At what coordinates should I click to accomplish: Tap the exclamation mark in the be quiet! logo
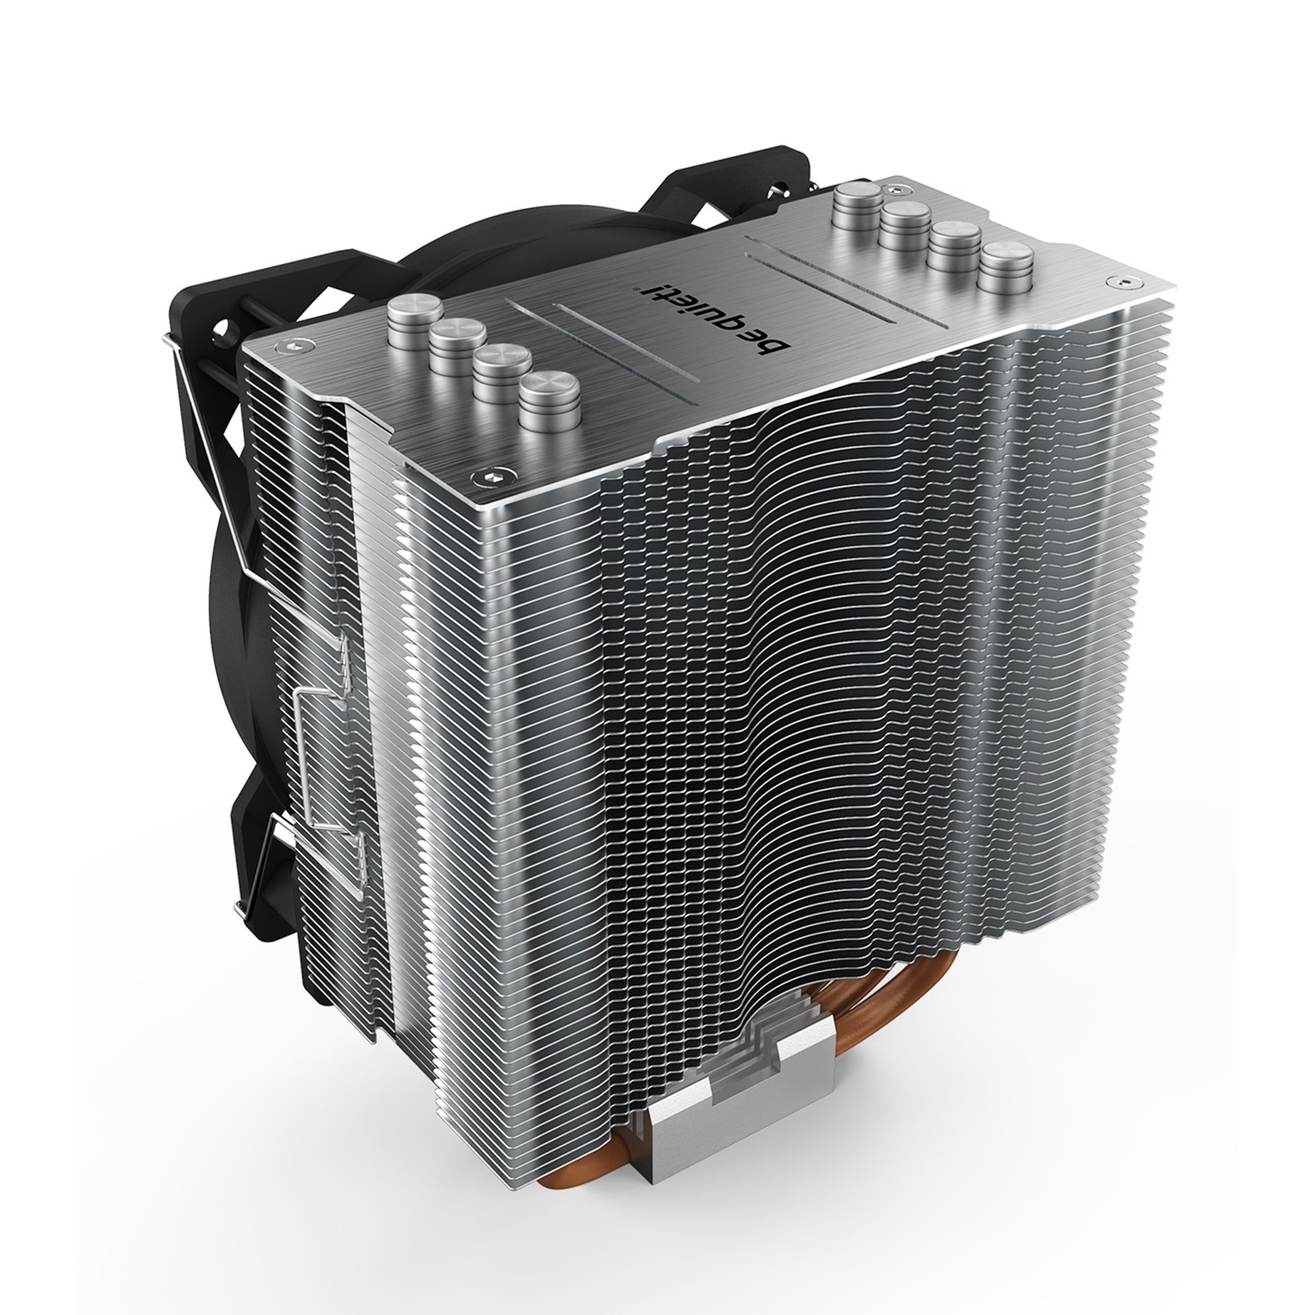[647, 287]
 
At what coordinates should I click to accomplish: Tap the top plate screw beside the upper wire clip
[294, 346]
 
